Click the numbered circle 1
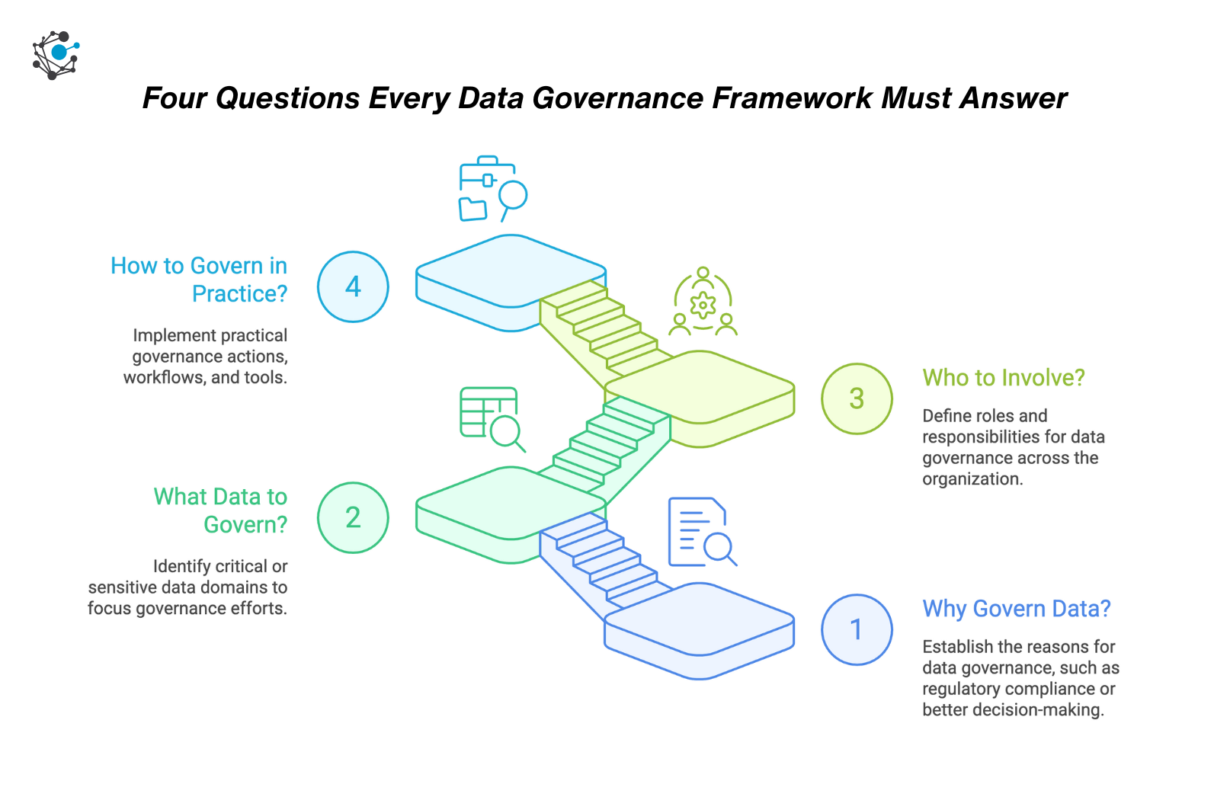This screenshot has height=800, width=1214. pyautogui.click(x=857, y=629)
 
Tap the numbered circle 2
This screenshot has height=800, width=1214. pyautogui.click(x=353, y=517)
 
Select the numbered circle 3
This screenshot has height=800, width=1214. pyautogui.click(x=857, y=398)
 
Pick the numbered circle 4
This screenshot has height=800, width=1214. pyautogui.click(x=353, y=286)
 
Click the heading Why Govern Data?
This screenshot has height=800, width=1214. pyautogui.click(x=1016, y=609)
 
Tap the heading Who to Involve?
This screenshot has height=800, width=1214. pyautogui.click(x=1003, y=378)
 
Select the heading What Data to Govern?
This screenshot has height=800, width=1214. pyautogui.click(x=220, y=510)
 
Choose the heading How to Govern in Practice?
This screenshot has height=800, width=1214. pyautogui.click(x=199, y=280)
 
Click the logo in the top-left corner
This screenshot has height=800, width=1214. pyautogui.click(x=56, y=55)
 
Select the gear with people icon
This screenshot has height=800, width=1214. pyautogui.click(x=703, y=303)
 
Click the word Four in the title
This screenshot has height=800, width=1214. pyautogui.click(x=175, y=98)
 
